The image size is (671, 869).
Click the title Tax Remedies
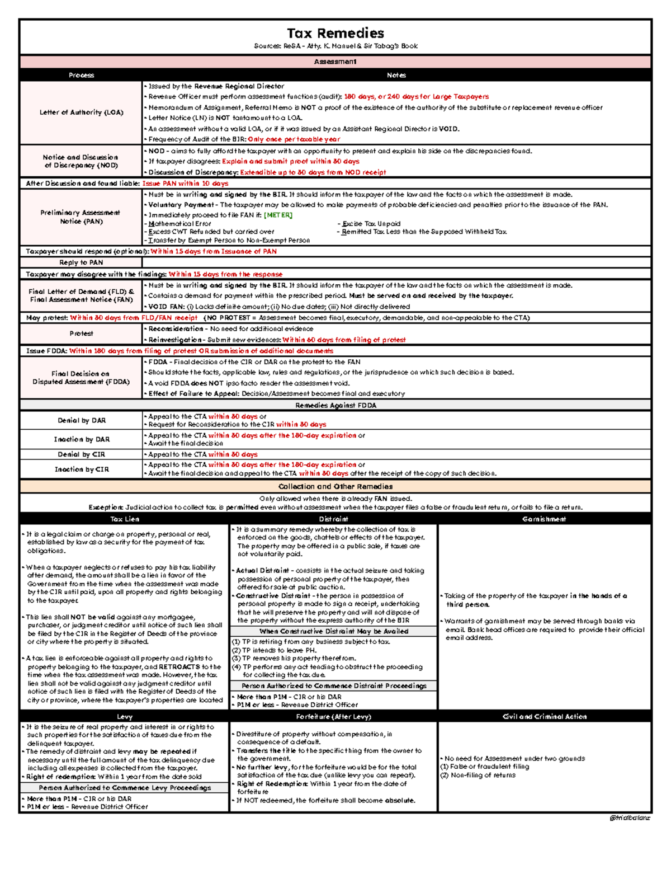click(x=335, y=33)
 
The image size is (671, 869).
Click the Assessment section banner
click(x=335, y=62)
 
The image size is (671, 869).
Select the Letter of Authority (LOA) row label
click(x=81, y=112)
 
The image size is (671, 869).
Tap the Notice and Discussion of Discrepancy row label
click(x=81, y=161)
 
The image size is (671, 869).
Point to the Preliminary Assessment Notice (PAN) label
click(x=81, y=217)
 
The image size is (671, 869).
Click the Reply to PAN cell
click(x=81, y=262)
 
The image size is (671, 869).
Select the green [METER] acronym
click(x=278, y=215)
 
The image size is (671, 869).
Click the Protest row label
click(x=81, y=333)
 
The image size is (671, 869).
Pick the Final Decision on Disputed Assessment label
click(x=81, y=378)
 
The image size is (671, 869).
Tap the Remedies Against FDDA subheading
click(x=335, y=405)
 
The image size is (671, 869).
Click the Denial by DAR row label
click(x=81, y=420)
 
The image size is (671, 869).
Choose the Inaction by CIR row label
click(x=81, y=469)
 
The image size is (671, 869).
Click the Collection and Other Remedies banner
click(x=335, y=486)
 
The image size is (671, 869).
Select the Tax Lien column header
click(x=124, y=519)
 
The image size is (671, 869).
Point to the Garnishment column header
click(x=544, y=519)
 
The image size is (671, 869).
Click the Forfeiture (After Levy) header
click(x=333, y=716)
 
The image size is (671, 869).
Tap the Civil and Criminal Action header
click(x=544, y=716)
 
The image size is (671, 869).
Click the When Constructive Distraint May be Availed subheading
click(x=333, y=631)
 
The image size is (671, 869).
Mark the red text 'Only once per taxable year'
click(x=294, y=139)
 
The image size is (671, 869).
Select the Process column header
click(x=81, y=75)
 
